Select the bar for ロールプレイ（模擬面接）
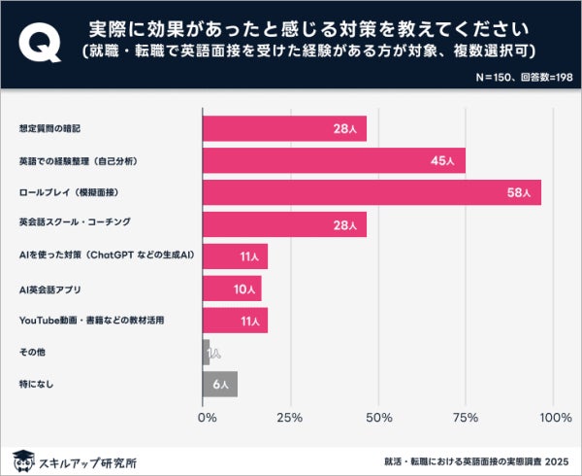tap(372, 192)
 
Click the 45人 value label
tap(443, 160)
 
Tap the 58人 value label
tap(519, 192)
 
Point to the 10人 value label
tap(243, 289)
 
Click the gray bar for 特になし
tap(219, 384)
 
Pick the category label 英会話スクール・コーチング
tap(75, 224)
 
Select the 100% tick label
tap(555, 418)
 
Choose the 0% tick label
tap(207, 418)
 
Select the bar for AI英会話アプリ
tap(232, 289)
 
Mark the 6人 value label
tap(220, 385)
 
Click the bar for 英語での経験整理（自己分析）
tap(334, 160)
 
